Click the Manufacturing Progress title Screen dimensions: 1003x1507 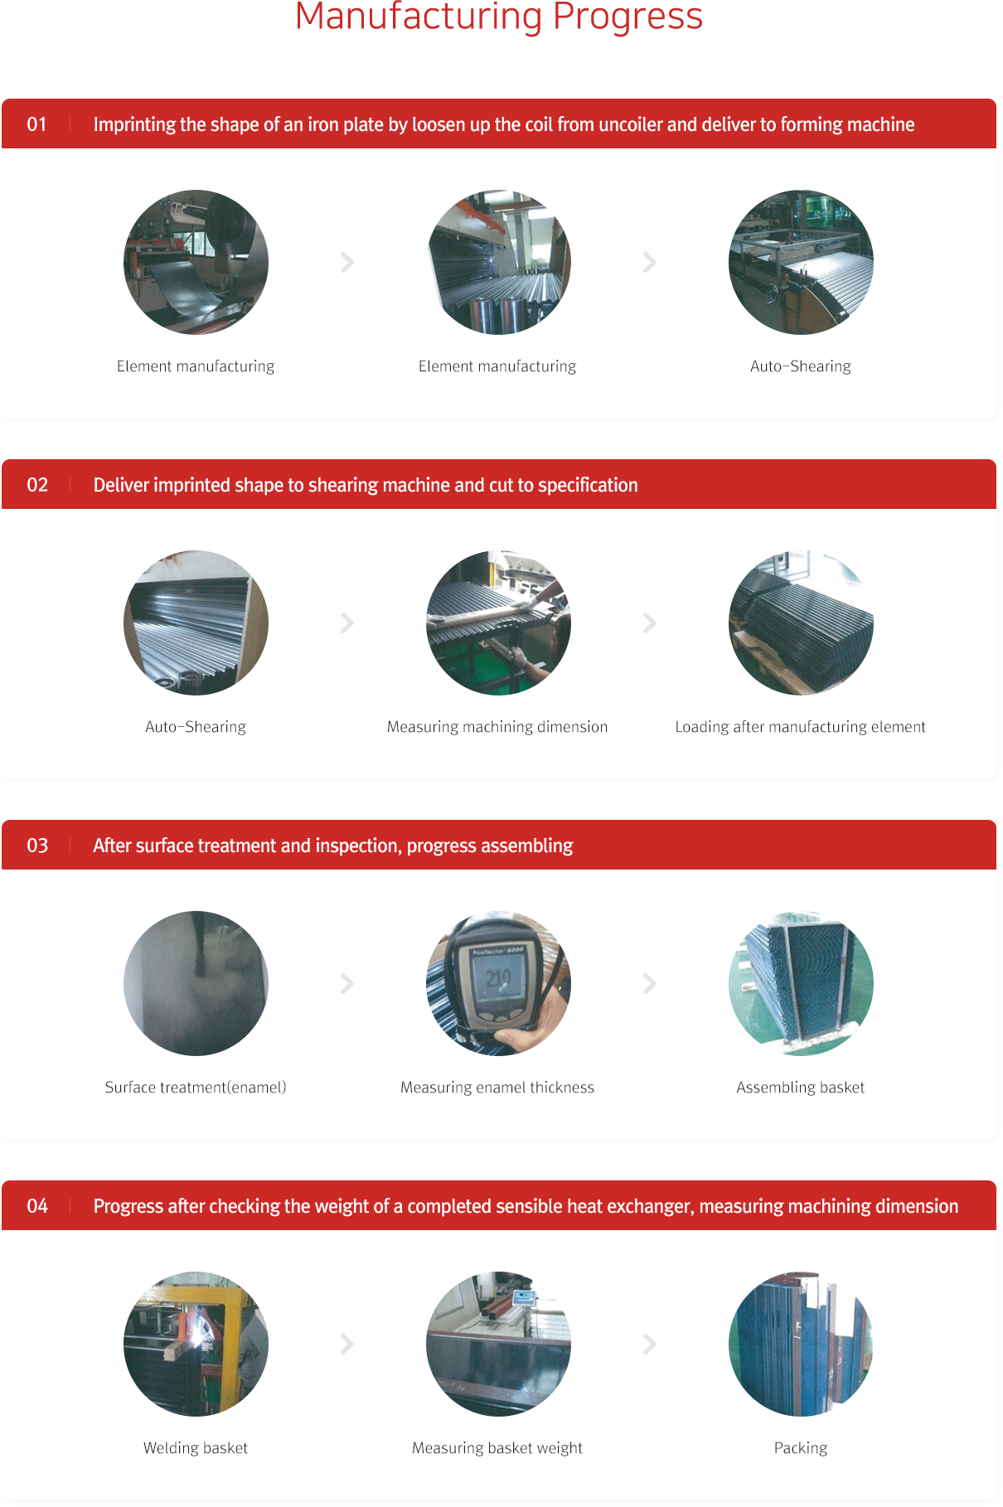[499, 17]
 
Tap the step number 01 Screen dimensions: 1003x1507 [36, 124]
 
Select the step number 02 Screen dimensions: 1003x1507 [37, 485]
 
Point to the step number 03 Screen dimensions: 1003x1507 [37, 846]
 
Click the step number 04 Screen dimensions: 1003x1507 [37, 1206]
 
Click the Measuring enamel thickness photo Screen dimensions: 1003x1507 [498, 983]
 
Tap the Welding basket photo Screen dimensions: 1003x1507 [196, 1344]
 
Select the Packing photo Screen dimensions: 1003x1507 [801, 1344]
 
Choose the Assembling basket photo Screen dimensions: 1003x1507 [801, 983]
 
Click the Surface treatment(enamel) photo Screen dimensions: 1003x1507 [196, 983]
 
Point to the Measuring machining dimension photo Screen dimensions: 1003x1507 [498, 623]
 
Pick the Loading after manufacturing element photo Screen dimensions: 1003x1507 [801, 623]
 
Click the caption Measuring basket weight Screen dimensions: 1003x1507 [497, 1448]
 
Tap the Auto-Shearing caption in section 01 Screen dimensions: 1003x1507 [801, 366]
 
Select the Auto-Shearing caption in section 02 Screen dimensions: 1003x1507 [196, 727]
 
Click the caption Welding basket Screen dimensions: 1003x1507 [196, 1448]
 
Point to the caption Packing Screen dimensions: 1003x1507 [801, 1448]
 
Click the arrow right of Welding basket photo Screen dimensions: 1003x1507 [347, 1344]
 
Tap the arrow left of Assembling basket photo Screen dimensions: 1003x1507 [650, 983]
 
